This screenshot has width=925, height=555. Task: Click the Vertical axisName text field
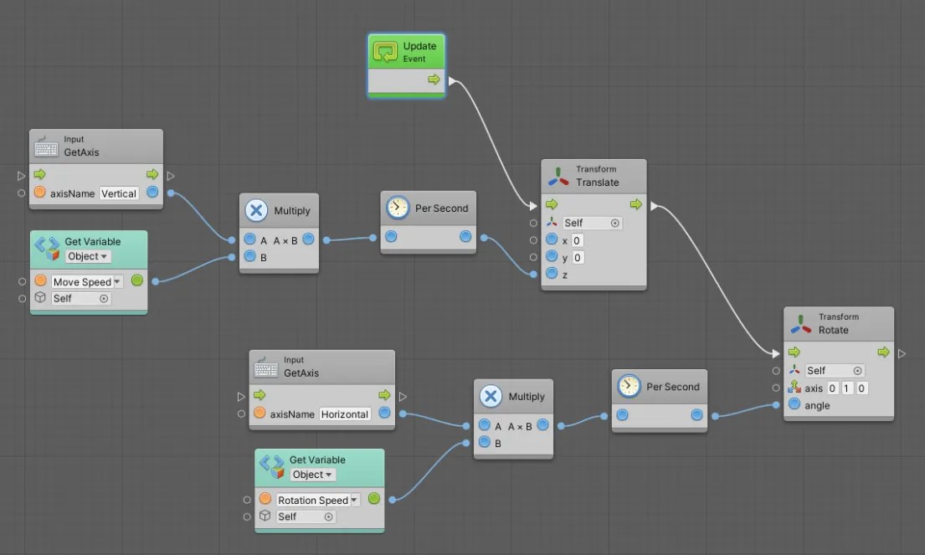pyautogui.click(x=119, y=193)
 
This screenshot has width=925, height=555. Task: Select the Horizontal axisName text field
pyautogui.click(x=345, y=414)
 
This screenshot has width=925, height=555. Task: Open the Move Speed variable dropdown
pyautogui.click(x=87, y=282)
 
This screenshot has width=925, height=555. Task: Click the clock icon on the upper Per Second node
pyautogui.click(x=398, y=208)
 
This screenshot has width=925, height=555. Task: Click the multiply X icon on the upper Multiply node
pyautogui.click(x=256, y=211)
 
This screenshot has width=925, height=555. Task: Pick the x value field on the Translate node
pyautogui.click(x=578, y=240)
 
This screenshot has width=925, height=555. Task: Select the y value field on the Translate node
pyautogui.click(x=578, y=257)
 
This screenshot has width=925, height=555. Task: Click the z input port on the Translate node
pyautogui.click(x=552, y=274)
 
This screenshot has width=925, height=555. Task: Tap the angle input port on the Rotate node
pyautogui.click(x=794, y=405)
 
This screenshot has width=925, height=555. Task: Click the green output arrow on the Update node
pyautogui.click(x=434, y=80)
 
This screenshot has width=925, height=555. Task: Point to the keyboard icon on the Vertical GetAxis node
pyautogui.click(x=47, y=147)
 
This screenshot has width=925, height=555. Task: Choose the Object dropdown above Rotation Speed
pyautogui.click(x=312, y=475)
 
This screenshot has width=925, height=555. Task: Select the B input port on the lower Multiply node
pyautogui.click(x=484, y=442)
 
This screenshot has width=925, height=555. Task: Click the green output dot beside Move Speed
pyautogui.click(x=137, y=281)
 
